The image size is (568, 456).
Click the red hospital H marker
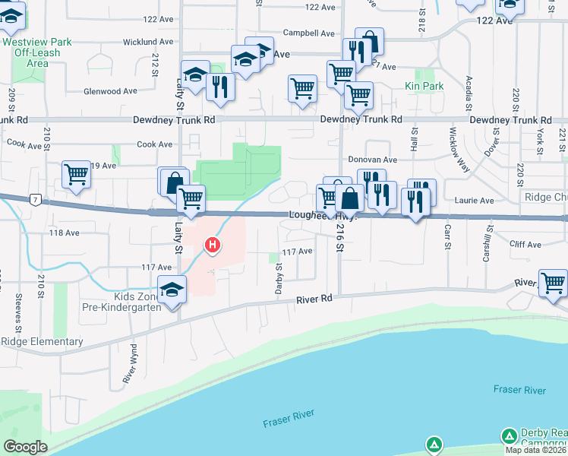(213, 245)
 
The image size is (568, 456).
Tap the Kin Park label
(424, 87)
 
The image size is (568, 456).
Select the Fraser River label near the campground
(519, 390)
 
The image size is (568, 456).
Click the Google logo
(25, 447)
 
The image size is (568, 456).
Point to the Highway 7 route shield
(35, 200)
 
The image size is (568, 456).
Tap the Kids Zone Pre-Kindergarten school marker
(173, 291)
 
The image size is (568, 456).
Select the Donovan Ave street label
(373, 160)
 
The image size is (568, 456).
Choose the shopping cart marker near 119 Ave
(76, 174)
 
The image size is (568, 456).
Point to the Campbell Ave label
(308, 33)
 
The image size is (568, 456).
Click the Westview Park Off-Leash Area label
(36, 53)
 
